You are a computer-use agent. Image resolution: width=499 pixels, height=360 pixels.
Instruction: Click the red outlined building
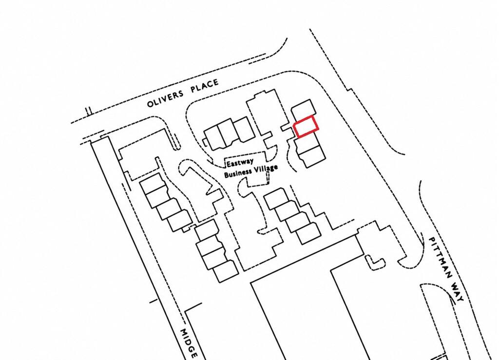tap(306, 126)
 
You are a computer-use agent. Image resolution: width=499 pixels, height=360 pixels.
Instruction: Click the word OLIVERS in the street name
tap(165, 99)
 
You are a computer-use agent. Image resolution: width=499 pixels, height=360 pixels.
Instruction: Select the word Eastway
tap(240, 162)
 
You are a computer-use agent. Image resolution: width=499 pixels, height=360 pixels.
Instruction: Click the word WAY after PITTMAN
tap(457, 290)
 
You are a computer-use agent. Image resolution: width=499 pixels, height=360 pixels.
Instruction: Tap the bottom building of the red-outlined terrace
tap(312, 156)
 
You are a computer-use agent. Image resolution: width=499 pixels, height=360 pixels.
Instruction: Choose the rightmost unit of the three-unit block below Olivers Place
tap(244, 129)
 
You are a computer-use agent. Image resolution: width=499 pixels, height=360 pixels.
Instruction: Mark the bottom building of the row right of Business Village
tap(308, 233)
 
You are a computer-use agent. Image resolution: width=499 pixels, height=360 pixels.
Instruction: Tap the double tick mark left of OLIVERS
tap(89, 111)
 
